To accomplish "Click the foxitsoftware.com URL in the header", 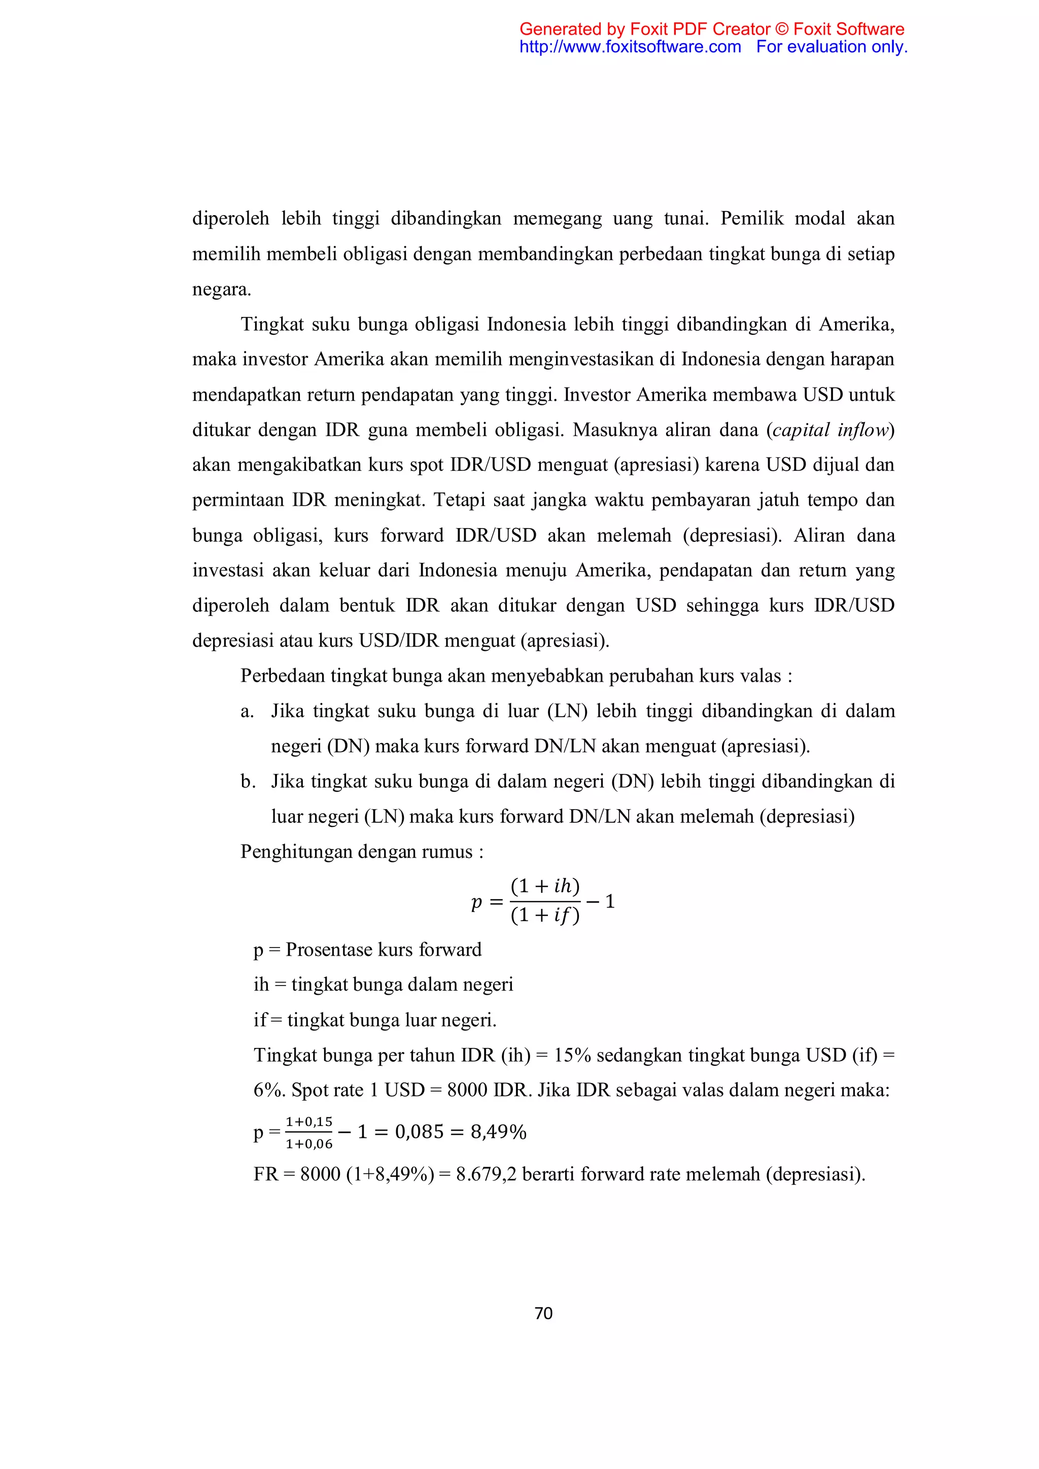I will [630, 47].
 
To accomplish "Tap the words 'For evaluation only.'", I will [831, 47].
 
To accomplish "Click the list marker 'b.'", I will [248, 781].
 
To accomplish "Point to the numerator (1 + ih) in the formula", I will [545, 886].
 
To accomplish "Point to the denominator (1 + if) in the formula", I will [545, 916].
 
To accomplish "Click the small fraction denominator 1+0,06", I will [309, 1144].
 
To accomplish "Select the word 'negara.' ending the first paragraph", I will [221, 289].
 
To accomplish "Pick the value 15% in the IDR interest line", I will [572, 1055].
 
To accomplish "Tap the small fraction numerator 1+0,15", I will [309, 1122].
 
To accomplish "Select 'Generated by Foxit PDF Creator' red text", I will [645, 29].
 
